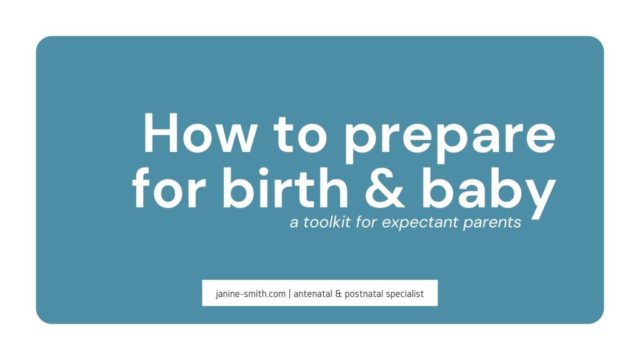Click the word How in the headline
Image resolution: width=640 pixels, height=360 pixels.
[200, 133]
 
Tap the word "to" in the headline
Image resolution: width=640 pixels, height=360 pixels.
[301, 134]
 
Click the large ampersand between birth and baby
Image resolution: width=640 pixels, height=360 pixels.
[385, 189]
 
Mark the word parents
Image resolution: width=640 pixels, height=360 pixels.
[492, 223]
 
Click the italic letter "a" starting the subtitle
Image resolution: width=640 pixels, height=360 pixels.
[294, 224]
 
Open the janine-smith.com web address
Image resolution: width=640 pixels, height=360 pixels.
[251, 294]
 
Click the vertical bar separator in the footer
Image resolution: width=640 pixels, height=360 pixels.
[289, 294]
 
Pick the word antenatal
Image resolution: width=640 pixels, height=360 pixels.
[313, 294]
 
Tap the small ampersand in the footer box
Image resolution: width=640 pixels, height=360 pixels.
[338, 294]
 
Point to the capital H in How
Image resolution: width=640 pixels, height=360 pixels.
[161, 133]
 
